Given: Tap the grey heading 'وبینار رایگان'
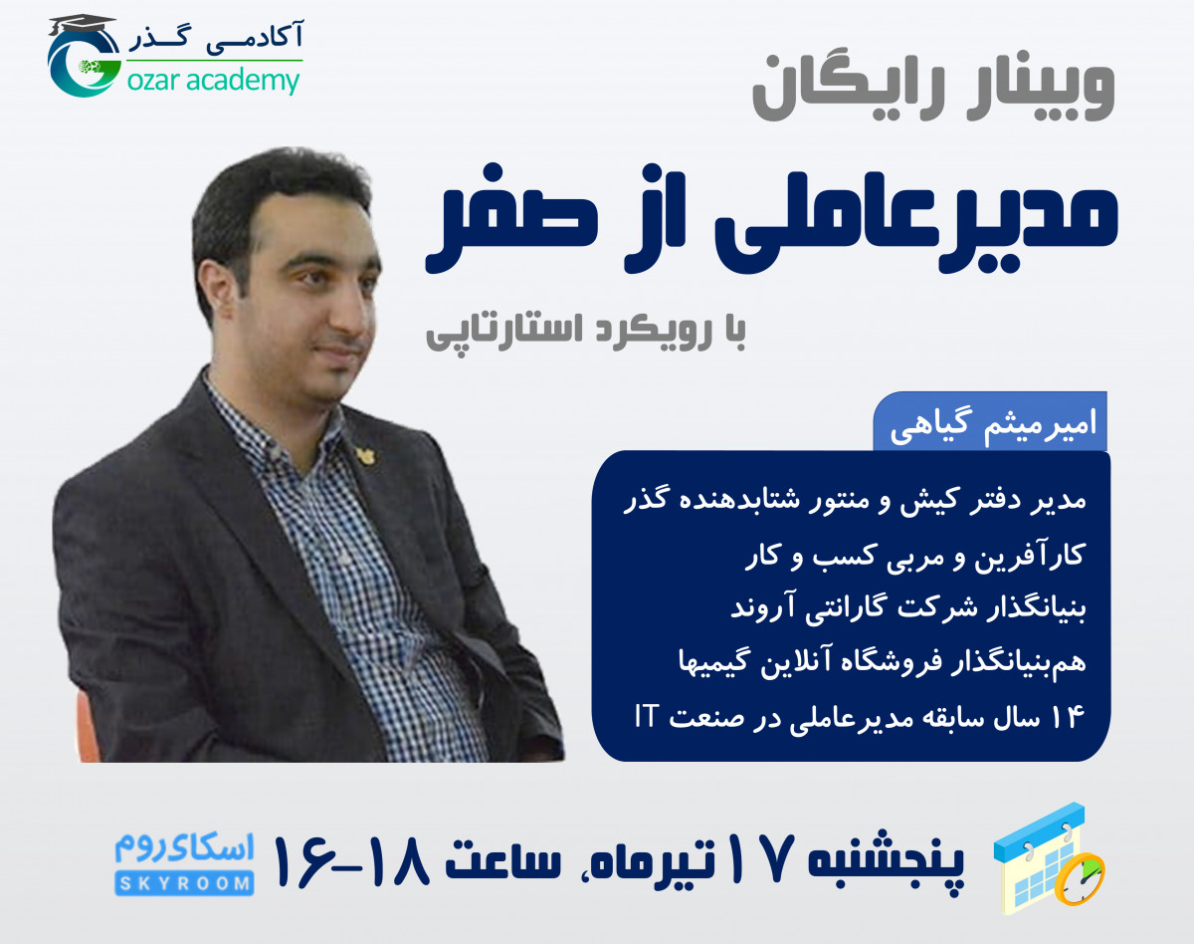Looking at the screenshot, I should click(932, 87).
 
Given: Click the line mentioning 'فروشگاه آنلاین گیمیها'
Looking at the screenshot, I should click(862, 662).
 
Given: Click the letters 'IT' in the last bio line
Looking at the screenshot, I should click(649, 718).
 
